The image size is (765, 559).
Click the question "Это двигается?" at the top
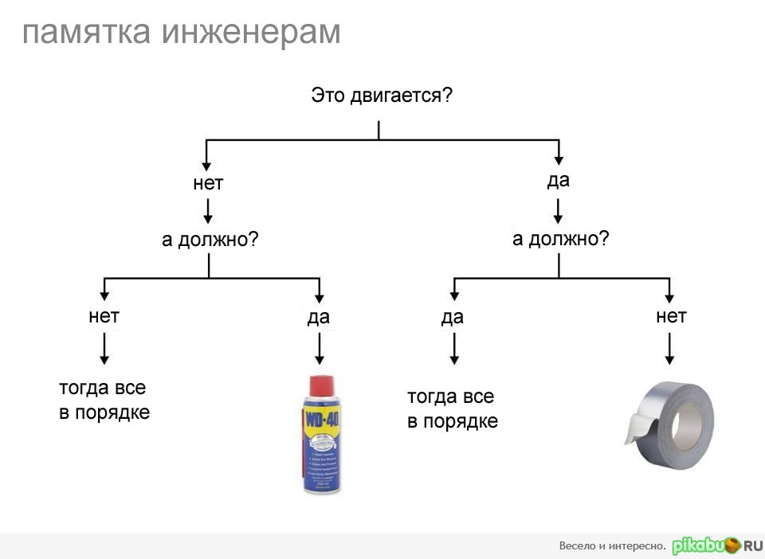click(382, 96)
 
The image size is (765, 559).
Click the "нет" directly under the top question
click(208, 183)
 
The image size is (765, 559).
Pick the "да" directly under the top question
click(559, 180)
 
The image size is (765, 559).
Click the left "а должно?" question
click(210, 240)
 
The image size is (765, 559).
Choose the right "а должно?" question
click(561, 238)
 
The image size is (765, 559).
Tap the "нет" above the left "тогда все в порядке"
click(104, 316)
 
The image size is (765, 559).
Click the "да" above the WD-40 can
click(318, 318)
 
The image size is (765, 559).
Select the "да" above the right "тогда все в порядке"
click(452, 318)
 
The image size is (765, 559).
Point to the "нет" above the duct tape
click(671, 316)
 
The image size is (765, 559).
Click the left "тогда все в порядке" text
click(104, 401)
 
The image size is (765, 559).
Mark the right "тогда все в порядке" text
click(453, 408)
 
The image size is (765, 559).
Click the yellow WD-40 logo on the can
click(320, 419)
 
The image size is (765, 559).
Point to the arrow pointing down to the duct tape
click(670, 348)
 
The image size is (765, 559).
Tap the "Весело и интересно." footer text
click(612, 546)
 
